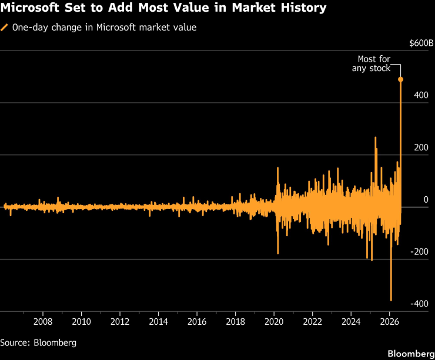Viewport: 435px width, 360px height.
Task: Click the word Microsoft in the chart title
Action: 29,8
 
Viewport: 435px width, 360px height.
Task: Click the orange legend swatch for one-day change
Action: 4,28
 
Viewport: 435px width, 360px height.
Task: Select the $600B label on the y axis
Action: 421,43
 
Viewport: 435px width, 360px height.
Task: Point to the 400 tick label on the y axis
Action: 421,95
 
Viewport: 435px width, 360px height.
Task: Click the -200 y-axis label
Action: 420,251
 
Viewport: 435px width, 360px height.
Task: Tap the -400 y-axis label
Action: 420,304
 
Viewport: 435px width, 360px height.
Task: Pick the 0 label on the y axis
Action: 426,200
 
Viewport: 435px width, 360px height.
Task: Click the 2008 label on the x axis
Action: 43,321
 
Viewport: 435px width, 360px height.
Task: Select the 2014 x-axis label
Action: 158,321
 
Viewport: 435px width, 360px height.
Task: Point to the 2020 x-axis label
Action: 274,321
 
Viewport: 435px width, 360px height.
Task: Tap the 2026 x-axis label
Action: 390,321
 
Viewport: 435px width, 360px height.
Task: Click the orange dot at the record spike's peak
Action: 400,79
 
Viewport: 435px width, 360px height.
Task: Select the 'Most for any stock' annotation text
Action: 371,63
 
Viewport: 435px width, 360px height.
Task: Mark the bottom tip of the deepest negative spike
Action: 391,301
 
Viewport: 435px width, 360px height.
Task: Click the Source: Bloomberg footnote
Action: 38,343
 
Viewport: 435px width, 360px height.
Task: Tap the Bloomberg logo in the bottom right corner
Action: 411,354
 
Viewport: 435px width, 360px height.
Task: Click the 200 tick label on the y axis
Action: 421,147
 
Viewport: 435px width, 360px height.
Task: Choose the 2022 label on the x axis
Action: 313,321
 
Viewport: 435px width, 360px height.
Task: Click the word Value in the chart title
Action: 191,8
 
